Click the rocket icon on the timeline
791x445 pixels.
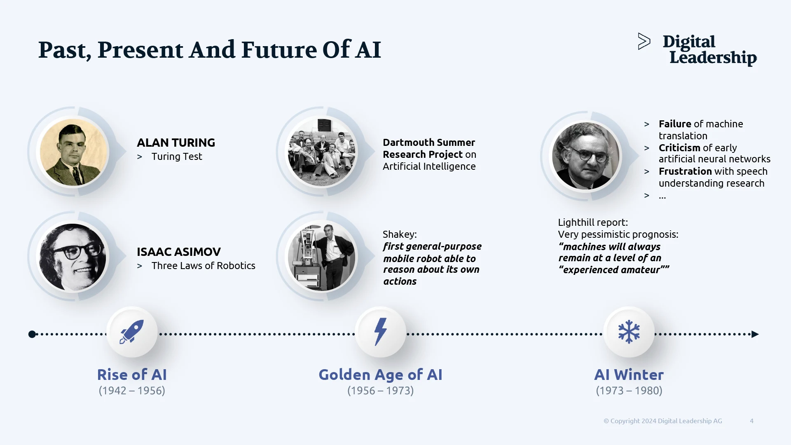coord(132,332)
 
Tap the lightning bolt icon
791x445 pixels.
coord(380,332)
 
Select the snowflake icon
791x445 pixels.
coord(629,332)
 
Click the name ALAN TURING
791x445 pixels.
coord(176,143)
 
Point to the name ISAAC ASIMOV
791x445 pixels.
coord(179,252)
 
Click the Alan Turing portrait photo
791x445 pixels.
coord(74,152)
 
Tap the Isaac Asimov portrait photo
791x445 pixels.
coord(73,257)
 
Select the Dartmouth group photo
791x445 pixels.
coord(322,152)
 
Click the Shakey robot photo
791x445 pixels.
coord(322,257)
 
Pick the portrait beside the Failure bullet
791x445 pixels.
coord(585,157)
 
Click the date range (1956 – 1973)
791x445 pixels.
coord(380,391)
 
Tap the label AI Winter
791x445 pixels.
coord(629,375)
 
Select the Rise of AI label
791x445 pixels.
coord(132,375)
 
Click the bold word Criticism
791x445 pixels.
coord(679,148)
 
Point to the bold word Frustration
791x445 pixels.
coord(685,171)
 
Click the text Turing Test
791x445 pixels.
coord(177,157)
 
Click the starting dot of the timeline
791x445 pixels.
coord(32,334)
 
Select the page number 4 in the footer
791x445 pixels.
coord(751,421)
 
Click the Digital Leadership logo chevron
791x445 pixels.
coord(644,41)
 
